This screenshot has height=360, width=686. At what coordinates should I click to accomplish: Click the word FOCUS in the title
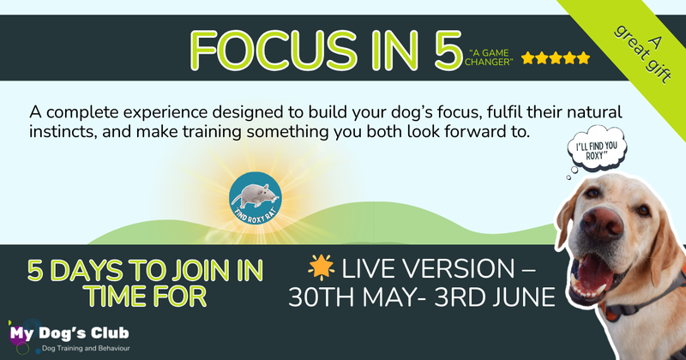(x=274, y=51)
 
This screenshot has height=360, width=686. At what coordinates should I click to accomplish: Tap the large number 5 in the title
(x=448, y=51)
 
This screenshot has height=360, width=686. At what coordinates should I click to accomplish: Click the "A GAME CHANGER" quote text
(x=489, y=57)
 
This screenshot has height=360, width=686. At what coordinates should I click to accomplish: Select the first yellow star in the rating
(x=528, y=58)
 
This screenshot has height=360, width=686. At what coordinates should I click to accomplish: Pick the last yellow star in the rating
(x=583, y=58)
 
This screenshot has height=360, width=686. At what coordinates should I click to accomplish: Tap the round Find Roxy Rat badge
(x=256, y=198)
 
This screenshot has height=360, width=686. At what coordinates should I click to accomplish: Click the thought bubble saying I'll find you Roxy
(x=597, y=149)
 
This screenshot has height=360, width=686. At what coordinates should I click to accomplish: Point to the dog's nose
(x=602, y=222)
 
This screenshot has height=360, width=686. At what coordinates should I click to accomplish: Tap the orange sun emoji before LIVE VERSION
(x=321, y=267)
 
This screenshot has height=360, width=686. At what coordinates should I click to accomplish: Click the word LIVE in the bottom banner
(x=369, y=269)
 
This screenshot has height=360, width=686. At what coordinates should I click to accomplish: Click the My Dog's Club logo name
(x=69, y=333)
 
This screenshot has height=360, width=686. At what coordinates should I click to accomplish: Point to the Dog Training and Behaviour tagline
(x=86, y=349)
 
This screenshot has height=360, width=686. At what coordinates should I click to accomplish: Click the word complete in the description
(x=82, y=113)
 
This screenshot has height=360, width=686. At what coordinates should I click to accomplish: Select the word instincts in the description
(x=63, y=132)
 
